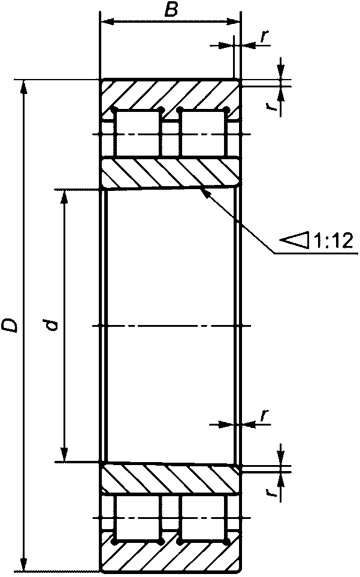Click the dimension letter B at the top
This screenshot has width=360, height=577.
point(171,10)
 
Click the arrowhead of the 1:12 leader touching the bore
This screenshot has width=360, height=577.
point(203,192)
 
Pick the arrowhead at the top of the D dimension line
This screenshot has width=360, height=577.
point(24,86)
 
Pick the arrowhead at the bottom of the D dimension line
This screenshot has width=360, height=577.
point(24,564)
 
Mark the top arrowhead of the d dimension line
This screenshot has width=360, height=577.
point(65,197)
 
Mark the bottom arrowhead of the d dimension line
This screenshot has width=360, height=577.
point(65,454)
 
